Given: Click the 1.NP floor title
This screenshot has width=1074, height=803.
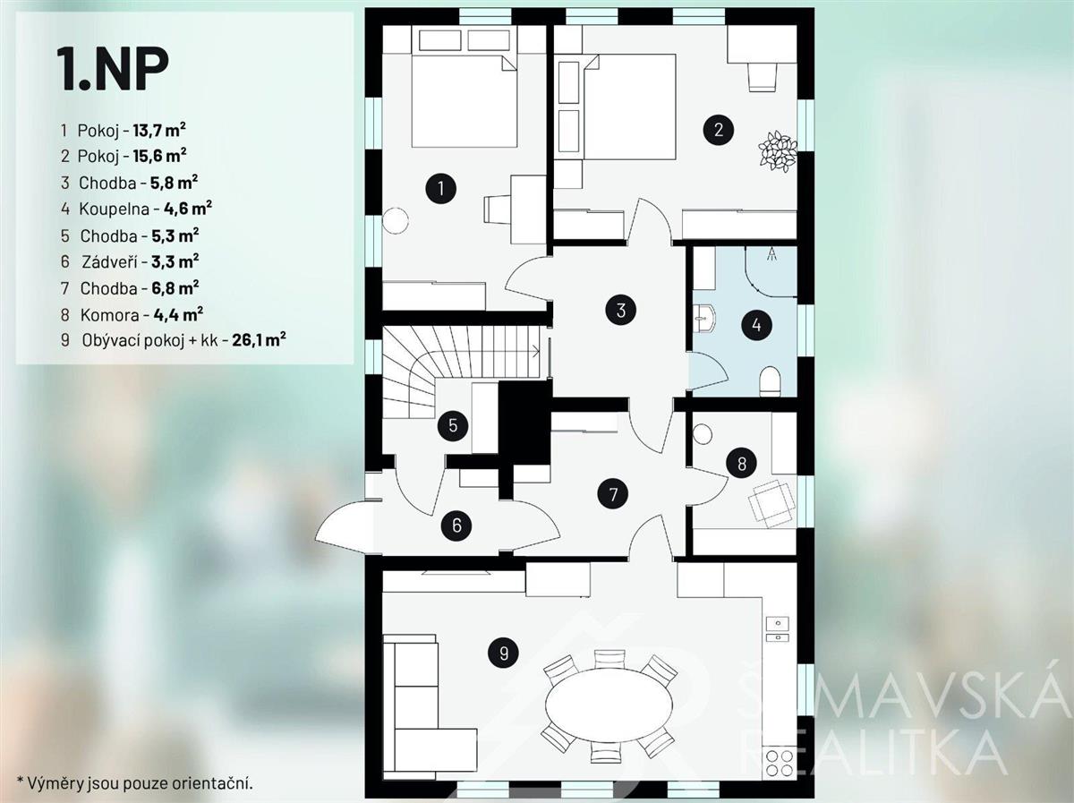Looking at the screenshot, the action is point(113,69).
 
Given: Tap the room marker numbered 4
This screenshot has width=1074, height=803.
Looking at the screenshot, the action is point(756,325).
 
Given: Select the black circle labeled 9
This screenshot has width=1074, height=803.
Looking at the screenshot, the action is point(504,653).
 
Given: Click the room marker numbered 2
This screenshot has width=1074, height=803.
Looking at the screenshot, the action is point(719,130).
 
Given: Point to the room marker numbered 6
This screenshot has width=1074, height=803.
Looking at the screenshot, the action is point(456,525).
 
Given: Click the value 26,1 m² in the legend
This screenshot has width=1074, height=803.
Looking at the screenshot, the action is point(260,339).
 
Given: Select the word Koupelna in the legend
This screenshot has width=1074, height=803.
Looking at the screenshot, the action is point(114,209).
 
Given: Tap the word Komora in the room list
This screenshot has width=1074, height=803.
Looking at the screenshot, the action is point(109,314).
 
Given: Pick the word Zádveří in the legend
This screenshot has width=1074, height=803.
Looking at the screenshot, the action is point(110,262).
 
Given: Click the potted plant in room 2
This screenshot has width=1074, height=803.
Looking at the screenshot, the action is point(778,150).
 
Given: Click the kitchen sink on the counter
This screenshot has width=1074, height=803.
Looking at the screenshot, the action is point(778,628).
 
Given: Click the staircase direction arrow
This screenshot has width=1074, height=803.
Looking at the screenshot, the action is point(535,351).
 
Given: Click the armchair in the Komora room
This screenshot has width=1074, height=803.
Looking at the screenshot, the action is point(771,503).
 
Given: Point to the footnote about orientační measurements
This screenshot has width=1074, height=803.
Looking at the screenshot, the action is point(135,783).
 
